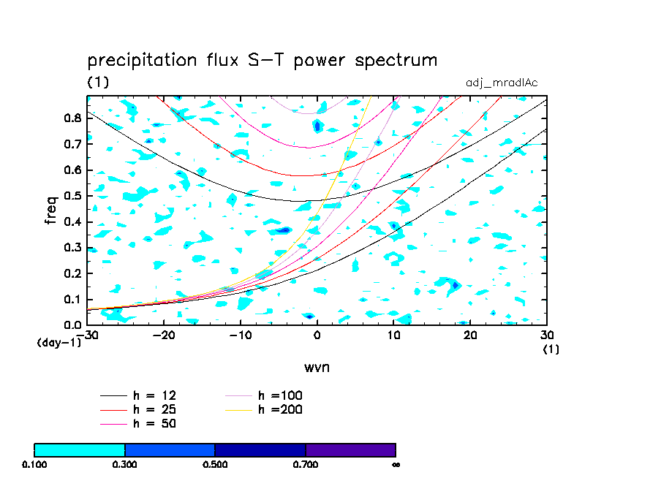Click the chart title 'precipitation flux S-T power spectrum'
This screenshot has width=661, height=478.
[x=262, y=60]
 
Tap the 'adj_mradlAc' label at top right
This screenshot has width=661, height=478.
[x=502, y=83]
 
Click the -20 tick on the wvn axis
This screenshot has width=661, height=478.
[x=163, y=334]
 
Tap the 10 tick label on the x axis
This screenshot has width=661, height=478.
[x=393, y=334]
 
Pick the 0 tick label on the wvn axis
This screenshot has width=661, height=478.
[x=317, y=334]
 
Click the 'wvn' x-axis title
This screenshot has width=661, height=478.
[x=317, y=367]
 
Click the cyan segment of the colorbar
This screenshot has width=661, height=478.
[x=80, y=449]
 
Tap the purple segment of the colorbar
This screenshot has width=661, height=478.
[x=350, y=449]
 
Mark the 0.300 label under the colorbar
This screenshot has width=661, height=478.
[x=124, y=464]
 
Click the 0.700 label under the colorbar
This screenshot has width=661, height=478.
[x=306, y=464]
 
